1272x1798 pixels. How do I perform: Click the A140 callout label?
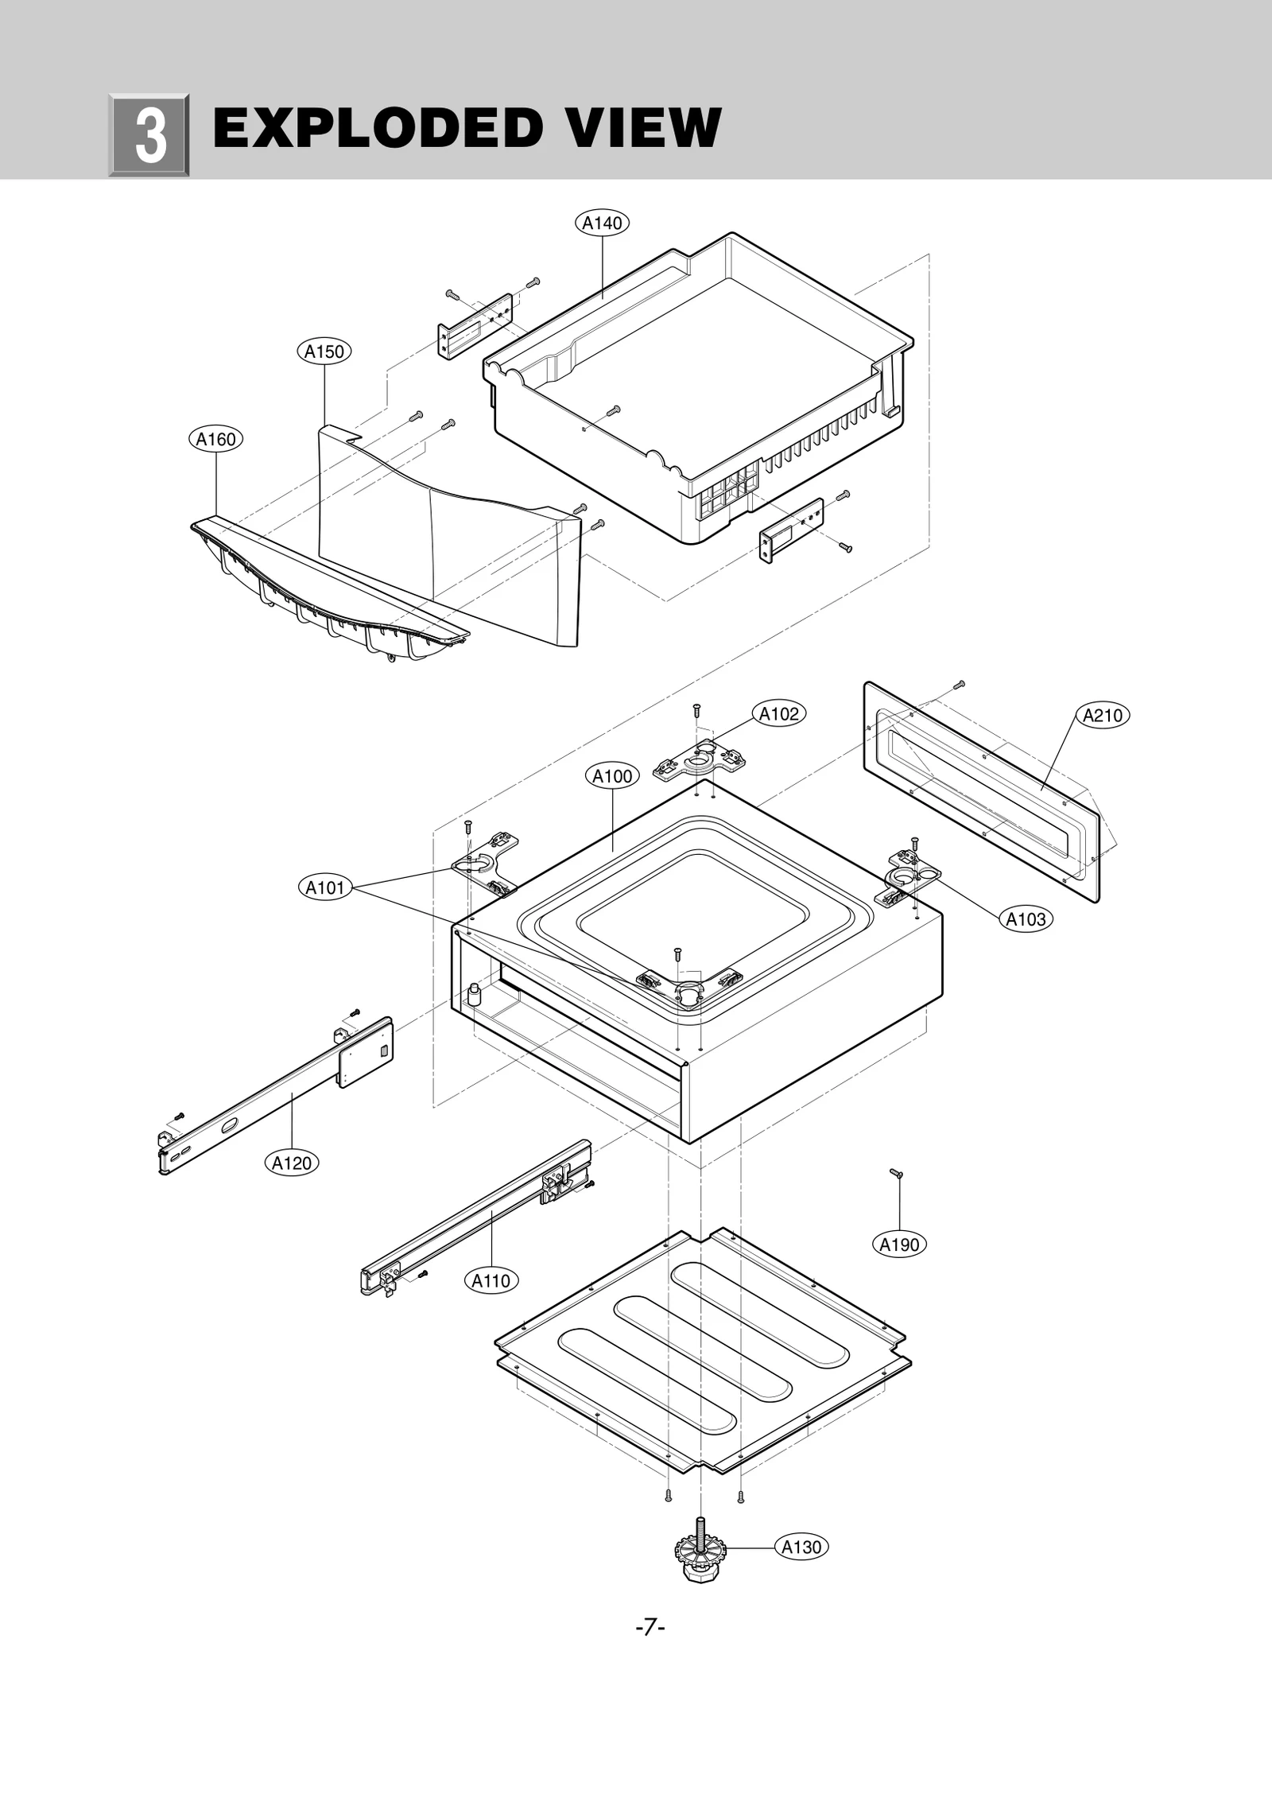602,223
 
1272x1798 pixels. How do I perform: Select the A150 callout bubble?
324,351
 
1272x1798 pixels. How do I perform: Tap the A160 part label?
215,439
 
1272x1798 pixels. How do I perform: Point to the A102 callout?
778,714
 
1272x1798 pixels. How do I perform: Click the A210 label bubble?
1103,716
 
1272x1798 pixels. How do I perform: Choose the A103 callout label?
1026,919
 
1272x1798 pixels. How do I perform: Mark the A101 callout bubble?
324,887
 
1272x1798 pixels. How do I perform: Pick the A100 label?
612,776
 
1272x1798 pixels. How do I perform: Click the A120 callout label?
292,1163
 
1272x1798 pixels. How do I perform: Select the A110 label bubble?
491,1281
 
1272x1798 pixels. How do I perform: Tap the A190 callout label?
899,1245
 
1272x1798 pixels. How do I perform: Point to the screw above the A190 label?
897,1174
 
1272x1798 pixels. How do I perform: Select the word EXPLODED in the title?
377,129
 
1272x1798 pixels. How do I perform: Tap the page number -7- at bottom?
650,1628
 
